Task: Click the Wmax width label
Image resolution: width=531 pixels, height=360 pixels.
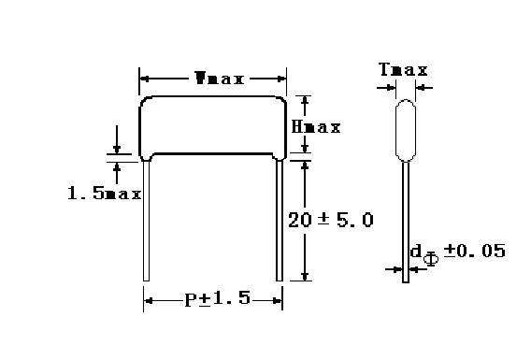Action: (220, 79)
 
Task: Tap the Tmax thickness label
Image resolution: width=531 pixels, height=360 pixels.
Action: (403, 69)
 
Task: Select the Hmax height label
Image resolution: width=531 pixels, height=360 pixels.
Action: (316, 127)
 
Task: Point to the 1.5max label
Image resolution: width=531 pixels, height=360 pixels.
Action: (105, 193)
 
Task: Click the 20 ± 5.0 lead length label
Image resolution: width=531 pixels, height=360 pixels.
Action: (331, 220)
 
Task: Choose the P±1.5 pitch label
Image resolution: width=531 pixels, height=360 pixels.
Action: (218, 298)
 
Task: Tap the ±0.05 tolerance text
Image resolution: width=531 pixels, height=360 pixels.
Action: (475, 251)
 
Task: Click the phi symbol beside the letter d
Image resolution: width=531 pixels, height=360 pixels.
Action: (431, 259)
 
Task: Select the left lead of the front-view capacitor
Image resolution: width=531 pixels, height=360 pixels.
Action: (146, 221)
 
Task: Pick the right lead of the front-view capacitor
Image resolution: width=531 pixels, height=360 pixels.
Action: (280, 221)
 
